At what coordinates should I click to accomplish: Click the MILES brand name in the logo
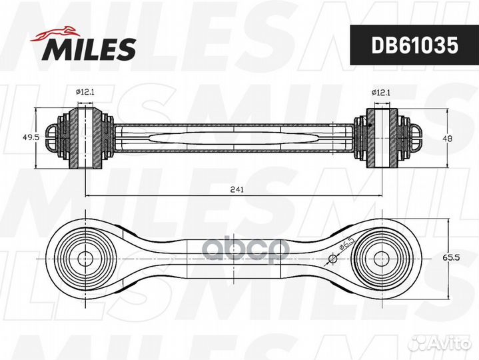tap(91, 49)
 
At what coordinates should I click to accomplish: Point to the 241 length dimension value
tap(237, 189)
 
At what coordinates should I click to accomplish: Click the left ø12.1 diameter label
tap(84, 94)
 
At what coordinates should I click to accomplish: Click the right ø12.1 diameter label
tap(380, 94)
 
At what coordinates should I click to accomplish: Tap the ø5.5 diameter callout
tap(346, 248)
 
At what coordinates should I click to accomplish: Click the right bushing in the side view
tap(380, 137)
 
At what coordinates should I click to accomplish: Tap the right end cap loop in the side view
tap(414, 137)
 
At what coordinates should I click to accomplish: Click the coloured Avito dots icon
tap(420, 342)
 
